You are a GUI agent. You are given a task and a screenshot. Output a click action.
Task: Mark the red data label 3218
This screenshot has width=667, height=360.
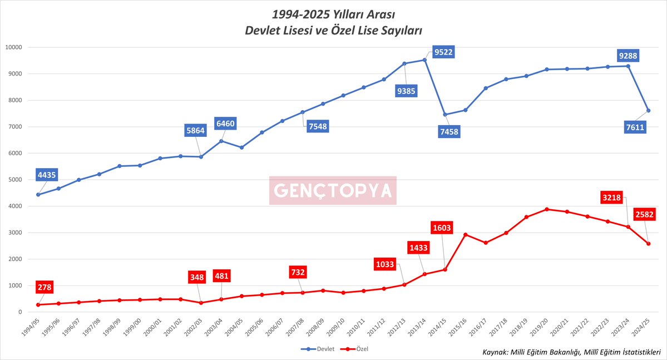pyautogui.click(x=614, y=198)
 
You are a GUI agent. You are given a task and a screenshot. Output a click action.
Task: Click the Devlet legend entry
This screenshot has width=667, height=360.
pyautogui.click(x=315, y=349)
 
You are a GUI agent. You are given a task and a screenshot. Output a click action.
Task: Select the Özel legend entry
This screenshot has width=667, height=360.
pyautogui.click(x=355, y=349)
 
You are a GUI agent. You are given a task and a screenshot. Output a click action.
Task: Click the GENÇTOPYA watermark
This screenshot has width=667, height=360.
pyautogui.click(x=333, y=191)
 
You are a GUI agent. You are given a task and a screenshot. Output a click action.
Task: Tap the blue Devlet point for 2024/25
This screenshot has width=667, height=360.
pyautogui.click(x=649, y=110)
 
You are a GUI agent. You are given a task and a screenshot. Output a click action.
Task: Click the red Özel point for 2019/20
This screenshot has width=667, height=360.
pyautogui.click(x=547, y=209)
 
